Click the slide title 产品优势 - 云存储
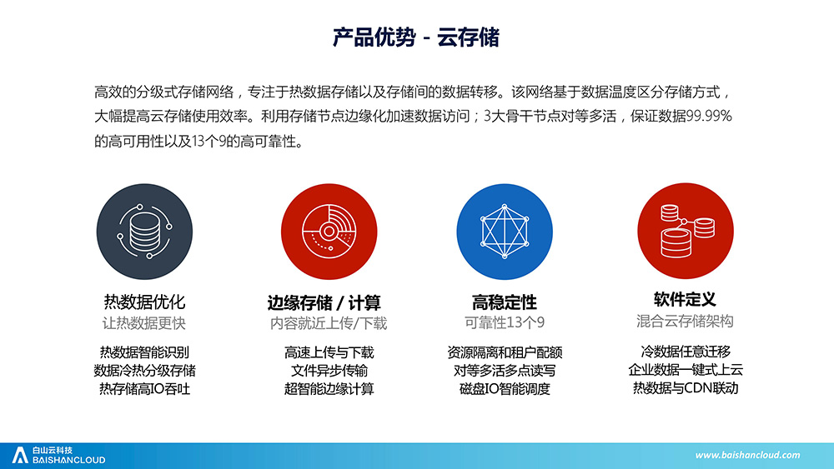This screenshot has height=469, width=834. coord(416,37)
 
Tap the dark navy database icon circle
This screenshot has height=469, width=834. coord(144,232)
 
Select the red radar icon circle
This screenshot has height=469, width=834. coord(329,232)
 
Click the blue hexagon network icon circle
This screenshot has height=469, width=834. coord(505,232)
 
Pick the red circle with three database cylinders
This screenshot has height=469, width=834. coord(685,231)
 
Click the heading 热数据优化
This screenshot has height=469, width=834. coord(144,302)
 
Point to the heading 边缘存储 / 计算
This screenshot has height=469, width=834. coord(324,302)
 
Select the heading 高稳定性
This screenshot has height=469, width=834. coord(505,302)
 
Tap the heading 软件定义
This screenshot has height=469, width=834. coord(685,299)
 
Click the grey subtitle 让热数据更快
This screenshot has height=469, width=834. coord(144,323)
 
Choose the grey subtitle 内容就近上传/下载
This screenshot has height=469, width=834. coord(329,323)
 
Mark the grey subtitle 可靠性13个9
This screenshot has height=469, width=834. coord(505,322)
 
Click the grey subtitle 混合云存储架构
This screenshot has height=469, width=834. coord(685,321)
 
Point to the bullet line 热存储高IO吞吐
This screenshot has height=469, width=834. coord(144,389)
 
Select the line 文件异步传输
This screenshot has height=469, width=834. coord(329,370)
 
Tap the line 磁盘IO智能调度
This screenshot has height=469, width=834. coord(505,389)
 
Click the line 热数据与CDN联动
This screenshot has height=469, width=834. coord(685,387)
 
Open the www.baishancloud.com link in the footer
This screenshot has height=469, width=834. coord(747,455)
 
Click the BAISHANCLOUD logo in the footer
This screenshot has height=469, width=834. coord(58,455)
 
